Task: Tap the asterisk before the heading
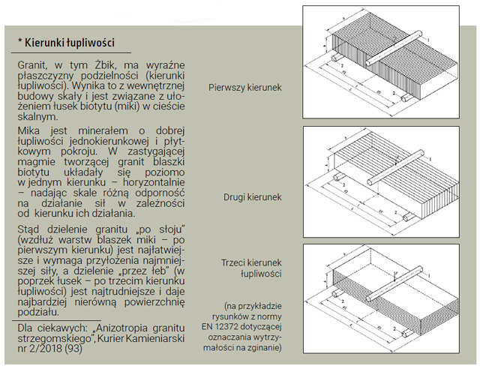21,43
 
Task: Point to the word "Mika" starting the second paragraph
30,131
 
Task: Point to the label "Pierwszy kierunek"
245,88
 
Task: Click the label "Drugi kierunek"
252,197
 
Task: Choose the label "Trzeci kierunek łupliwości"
251,268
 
